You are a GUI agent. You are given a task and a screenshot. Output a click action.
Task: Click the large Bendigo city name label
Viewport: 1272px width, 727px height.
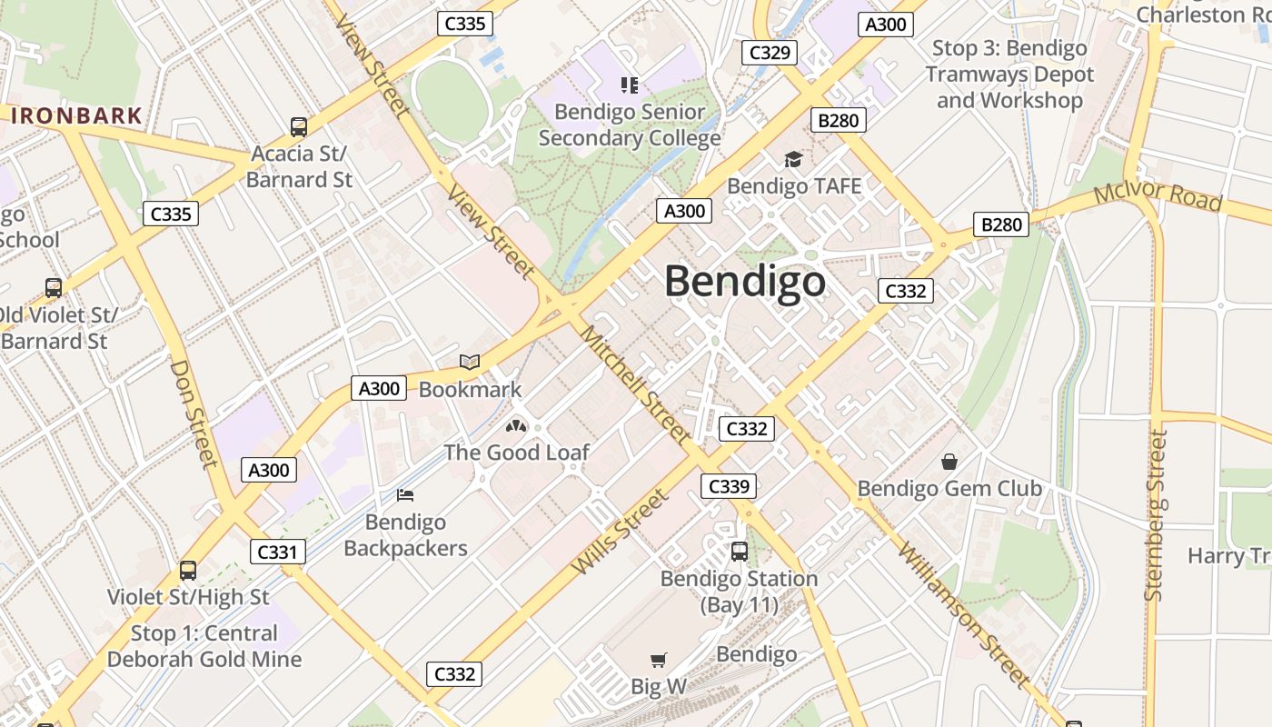pyautogui.click(x=745, y=281)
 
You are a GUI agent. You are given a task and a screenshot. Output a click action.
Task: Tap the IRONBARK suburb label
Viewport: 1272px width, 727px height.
pyautogui.click(x=76, y=115)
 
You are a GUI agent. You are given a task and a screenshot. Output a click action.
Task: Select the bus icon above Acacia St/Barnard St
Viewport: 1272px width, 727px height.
pyautogui.click(x=299, y=127)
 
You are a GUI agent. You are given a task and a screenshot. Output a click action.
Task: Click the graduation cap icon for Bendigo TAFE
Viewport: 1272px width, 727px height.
pyautogui.click(x=793, y=159)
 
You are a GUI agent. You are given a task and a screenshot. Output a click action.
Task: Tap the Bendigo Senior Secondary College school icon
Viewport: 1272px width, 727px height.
pyautogui.click(x=630, y=85)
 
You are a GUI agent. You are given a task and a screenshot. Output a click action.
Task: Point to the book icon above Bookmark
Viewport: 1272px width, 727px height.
pyautogui.click(x=470, y=363)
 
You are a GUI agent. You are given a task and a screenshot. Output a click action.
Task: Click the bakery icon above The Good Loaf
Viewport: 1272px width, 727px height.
pyautogui.click(x=516, y=425)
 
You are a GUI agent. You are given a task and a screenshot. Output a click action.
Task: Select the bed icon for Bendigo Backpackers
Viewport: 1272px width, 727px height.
pyautogui.click(x=405, y=495)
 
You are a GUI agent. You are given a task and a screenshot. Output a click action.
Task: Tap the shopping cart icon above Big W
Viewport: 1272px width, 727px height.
pyautogui.click(x=659, y=660)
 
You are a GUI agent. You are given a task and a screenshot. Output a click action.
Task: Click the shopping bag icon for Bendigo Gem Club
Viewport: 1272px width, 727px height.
pyautogui.click(x=949, y=462)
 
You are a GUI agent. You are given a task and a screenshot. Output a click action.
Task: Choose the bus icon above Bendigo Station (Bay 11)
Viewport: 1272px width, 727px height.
pyautogui.click(x=740, y=551)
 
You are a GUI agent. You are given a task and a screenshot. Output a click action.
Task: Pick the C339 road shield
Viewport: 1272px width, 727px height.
pyautogui.click(x=729, y=486)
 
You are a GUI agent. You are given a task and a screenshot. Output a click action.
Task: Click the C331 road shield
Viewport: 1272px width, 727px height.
pyautogui.click(x=278, y=551)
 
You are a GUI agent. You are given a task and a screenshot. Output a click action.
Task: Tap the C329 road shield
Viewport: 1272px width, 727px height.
pyautogui.click(x=769, y=52)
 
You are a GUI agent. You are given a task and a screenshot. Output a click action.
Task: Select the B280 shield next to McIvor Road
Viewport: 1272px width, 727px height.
pyautogui.click(x=1001, y=224)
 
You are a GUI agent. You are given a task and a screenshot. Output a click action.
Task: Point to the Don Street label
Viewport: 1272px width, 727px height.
pyautogui.click(x=194, y=413)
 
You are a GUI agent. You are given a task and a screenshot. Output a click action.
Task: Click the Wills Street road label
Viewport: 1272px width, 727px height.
pyautogui.click(x=621, y=532)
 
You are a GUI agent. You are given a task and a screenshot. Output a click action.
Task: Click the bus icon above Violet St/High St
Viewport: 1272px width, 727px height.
pyautogui.click(x=188, y=571)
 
